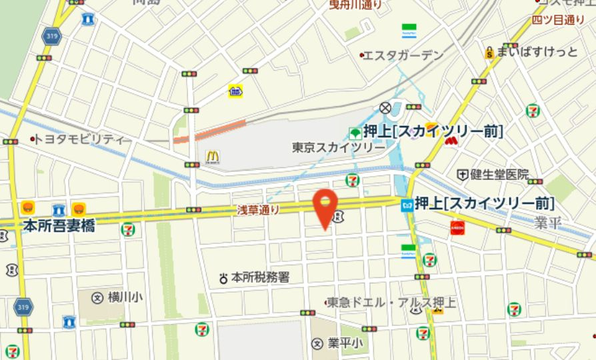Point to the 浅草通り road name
pos(258,209)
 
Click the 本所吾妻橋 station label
pos(59,226)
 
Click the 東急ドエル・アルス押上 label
pos(393,303)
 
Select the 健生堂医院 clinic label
pos(499,175)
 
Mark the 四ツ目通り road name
pos(559,20)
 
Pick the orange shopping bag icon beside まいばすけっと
pos(489,52)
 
